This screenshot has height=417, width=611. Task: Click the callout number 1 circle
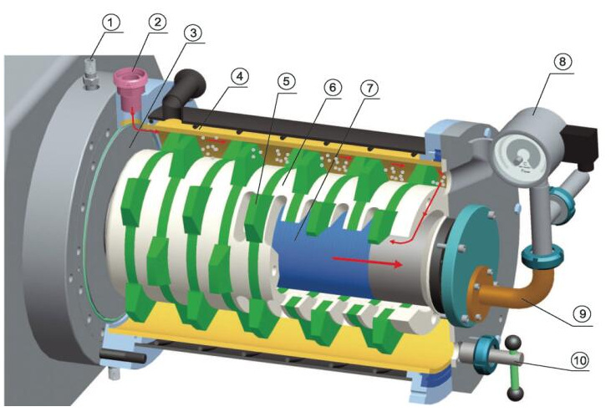point(110,23)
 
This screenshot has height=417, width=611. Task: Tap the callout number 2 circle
point(157,23)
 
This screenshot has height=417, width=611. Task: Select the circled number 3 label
point(193,33)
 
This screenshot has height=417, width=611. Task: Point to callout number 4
point(240,76)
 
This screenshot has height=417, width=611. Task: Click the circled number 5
point(287,81)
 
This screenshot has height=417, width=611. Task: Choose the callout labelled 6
point(333,87)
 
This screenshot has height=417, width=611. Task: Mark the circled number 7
point(369,88)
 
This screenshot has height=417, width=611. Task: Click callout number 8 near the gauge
point(563,62)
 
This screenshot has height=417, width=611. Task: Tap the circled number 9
point(583,313)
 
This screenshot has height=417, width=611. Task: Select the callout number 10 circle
point(580,359)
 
